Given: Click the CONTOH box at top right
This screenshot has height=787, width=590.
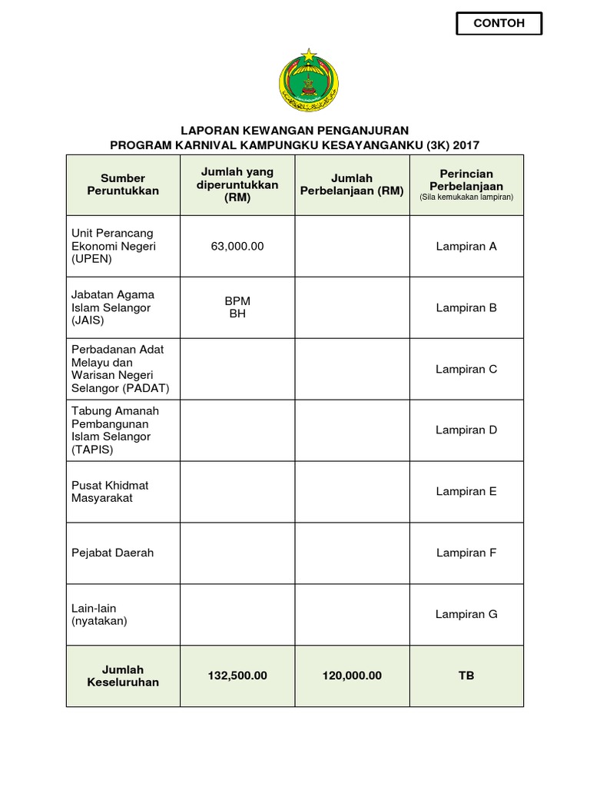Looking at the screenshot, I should tap(499, 23).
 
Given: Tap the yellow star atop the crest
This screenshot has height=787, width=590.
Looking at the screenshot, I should tap(308, 55).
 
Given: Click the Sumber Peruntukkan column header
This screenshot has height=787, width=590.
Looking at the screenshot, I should tap(123, 184).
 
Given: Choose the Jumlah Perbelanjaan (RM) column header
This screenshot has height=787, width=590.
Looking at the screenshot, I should tap(352, 184).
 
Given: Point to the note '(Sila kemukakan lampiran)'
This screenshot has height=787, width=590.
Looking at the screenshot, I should tap(466, 198).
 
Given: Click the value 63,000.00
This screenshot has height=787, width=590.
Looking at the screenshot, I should tap(237, 246).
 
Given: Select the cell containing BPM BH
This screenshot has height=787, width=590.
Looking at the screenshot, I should tap(237, 307).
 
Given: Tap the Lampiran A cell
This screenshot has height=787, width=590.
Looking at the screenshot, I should tap(466, 246).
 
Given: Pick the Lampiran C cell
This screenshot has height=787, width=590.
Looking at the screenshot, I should tap(466, 369).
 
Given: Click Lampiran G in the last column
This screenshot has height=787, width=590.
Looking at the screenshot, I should tap(466, 614).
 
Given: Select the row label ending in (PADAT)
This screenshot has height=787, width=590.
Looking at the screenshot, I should tap(121, 369).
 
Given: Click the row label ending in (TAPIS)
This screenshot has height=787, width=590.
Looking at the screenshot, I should tap(115, 430).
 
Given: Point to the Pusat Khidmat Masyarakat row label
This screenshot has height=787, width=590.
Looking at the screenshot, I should tap(110, 492).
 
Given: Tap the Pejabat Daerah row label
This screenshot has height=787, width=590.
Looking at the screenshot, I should tap(112, 553).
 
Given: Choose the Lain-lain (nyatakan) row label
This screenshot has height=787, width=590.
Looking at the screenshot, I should tap(101, 614).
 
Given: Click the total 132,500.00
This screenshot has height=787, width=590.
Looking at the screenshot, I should tap(237, 676).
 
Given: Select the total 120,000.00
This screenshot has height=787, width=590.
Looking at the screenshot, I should tap(352, 676).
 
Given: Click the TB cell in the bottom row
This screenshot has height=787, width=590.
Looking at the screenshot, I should tap(466, 676).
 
